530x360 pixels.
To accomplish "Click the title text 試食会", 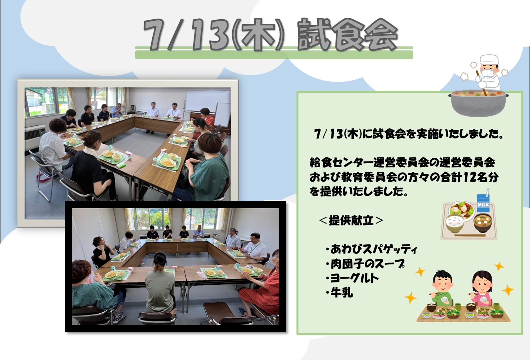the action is [347, 35].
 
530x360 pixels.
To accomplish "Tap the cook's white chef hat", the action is [489, 59].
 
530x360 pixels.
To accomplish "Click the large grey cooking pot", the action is [478, 103].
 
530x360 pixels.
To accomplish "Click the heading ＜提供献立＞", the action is [351, 221].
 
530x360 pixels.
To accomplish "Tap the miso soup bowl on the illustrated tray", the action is [483, 223].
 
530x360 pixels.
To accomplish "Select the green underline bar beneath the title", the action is [274, 54].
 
